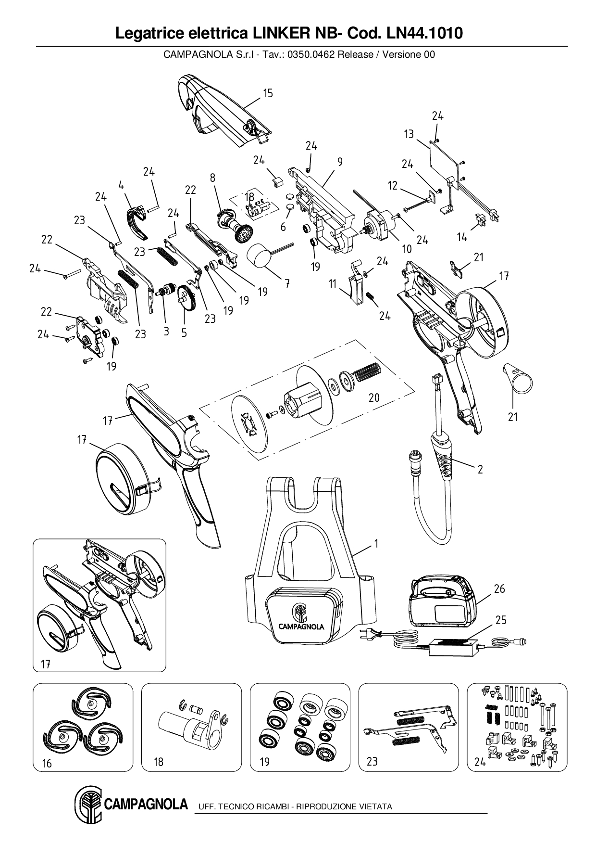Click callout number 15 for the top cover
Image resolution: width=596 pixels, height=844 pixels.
click(268, 93)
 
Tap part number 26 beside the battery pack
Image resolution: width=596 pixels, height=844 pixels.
click(499, 588)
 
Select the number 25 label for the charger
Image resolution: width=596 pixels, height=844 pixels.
click(501, 620)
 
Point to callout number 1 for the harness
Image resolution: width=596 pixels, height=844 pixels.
click(376, 543)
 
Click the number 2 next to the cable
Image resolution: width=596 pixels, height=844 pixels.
click(480, 469)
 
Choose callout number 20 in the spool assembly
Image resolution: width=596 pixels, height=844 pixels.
click(374, 397)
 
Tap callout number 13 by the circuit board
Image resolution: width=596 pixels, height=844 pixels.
click(409, 134)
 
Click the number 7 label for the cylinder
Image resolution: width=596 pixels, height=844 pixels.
click(286, 284)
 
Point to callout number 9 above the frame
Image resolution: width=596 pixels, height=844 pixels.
click(340, 162)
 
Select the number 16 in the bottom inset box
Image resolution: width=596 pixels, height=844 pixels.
click(47, 763)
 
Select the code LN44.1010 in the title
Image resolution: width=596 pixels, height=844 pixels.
click(422, 33)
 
